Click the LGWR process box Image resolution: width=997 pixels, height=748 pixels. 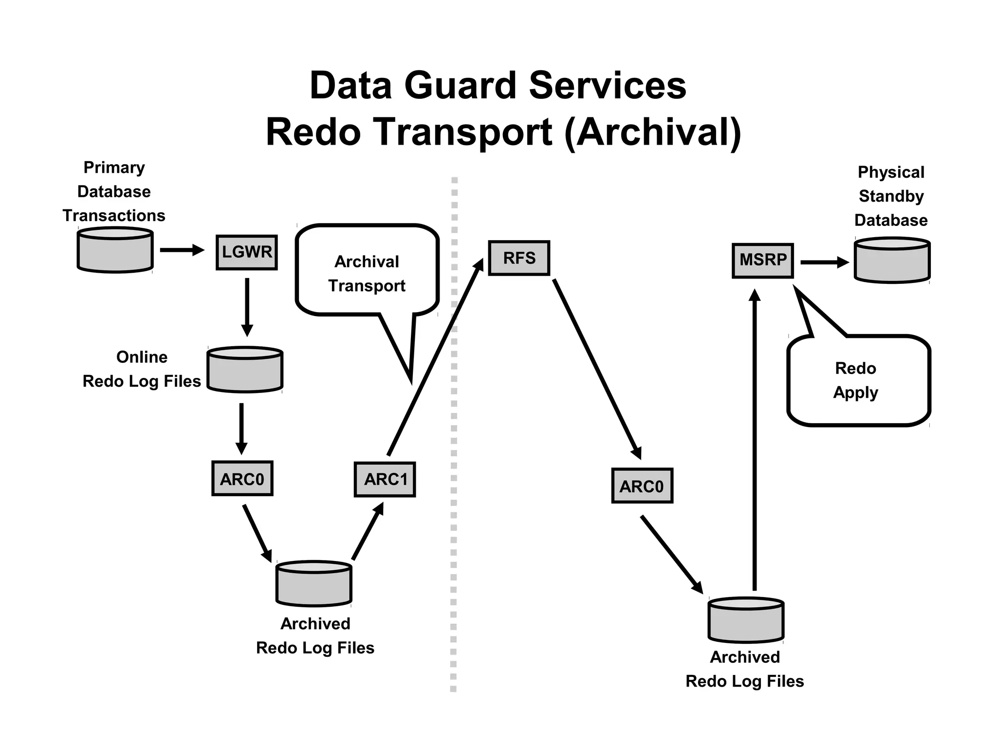(x=247, y=252)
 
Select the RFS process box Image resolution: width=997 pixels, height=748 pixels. (x=519, y=258)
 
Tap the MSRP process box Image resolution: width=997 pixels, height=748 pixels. (x=763, y=261)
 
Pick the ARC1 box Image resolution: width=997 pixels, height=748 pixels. (x=385, y=480)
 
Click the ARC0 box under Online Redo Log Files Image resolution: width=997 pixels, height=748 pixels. (x=242, y=479)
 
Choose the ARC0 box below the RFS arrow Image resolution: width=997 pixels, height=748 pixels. (x=642, y=486)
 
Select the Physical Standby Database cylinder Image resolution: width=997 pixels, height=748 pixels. (x=892, y=261)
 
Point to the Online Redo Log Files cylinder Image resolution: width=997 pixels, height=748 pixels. (x=245, y=370)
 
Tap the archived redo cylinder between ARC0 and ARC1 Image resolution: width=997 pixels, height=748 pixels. (x=314, y=584)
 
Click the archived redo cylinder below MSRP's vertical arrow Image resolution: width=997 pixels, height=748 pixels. (x=746, y=621)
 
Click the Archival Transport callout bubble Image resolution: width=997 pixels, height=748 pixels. (x=367, y=273)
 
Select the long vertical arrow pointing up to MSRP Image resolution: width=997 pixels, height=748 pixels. (x=755, y=438)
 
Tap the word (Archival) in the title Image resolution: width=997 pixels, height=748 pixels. (x=652, y=132)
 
